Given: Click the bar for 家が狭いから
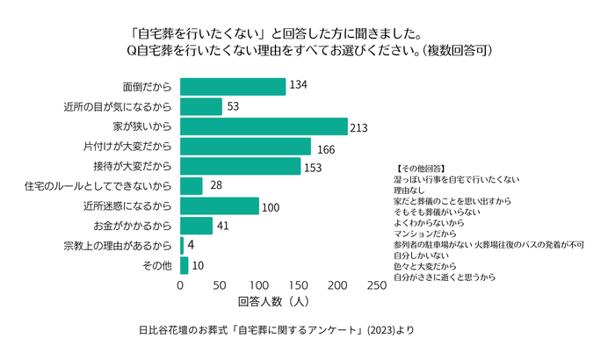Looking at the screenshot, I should tap(264, 126).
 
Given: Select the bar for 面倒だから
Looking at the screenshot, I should tap(233, 86).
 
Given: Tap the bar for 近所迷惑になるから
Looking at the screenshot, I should tap(220, 205).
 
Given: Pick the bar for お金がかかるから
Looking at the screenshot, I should tap(196, 226).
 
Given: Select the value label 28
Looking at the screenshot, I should tap(215, 186).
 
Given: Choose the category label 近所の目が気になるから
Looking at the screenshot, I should tap(117, 106).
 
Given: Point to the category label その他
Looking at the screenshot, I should tap(157, 265).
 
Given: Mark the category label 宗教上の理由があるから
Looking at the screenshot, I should tap(117, 245).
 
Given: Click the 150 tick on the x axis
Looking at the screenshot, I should tap(298, 286).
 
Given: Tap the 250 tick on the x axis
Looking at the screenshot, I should tap(376, 286).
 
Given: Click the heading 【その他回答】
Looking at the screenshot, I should tap(421, 167).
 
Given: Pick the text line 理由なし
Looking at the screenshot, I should tap(410, 189).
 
